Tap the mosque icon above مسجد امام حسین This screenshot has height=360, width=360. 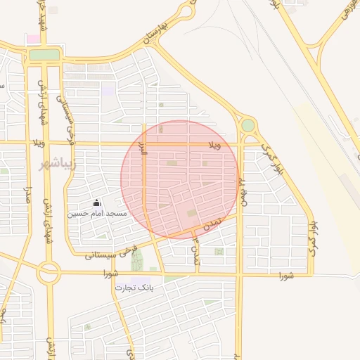click(x=97, y=202)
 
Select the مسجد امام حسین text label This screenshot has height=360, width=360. click(x=97, y=213)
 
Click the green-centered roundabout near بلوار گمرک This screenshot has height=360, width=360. click(x=247, y=125)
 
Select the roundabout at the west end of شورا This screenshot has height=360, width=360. click(x=49, y=273)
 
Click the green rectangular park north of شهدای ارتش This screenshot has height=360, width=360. click(x=45, y=54)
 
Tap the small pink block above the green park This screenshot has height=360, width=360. click(x=33, y=38)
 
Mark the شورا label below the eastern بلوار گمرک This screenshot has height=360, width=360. click(x=285, y=274)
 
